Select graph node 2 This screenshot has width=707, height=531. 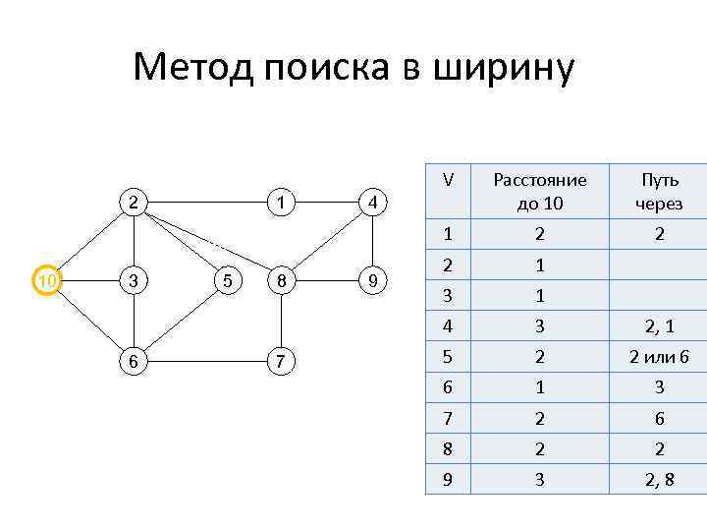click(132, 203)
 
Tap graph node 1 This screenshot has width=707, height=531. click(281, 203)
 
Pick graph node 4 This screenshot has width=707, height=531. click(372, 204)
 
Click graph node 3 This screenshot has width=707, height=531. click(132, 281)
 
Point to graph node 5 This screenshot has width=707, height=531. click(227, 281)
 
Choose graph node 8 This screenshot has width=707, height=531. click(281, 281)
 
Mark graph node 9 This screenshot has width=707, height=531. click(372, 282)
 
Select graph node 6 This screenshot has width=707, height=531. click(132, 362)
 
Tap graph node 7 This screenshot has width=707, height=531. click(281, 362)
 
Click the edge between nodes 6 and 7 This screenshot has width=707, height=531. click(206, 362)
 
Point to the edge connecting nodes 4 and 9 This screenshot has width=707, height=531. click(372, 242)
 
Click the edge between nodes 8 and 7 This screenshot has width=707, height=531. click(281, 322)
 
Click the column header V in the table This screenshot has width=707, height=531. click(448, 181)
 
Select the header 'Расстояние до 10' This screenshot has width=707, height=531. click(539, 192)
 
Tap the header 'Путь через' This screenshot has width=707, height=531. click(659, 192)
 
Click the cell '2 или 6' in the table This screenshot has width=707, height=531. click(659, 357)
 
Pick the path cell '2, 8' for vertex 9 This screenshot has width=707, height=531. click(659, 481)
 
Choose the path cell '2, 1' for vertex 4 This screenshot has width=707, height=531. click(659, 325)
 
